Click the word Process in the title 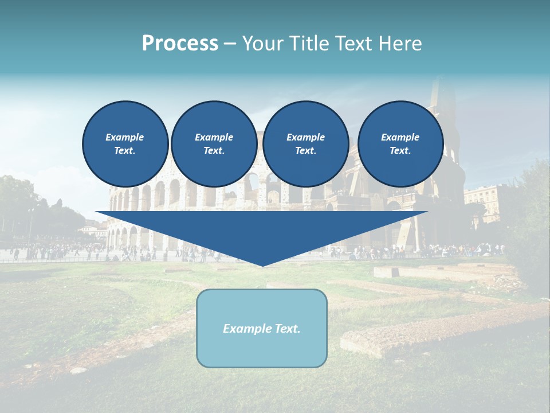coord(180,44)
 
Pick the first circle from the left coord(125,144)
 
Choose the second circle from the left coord(214,144)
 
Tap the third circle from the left coord(305,144)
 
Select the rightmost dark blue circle coord(400,144)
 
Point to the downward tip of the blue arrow coord(262,264)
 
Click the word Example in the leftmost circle coord(125,137)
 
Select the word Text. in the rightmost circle coord(400,151)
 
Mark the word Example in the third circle coord(305,137)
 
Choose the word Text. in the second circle coord(214,151)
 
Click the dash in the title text coord(230,44)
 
